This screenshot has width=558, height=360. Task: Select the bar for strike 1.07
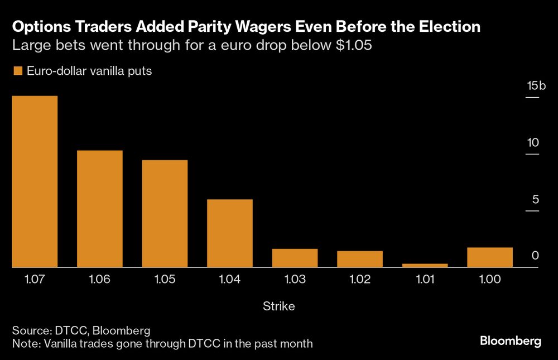35,182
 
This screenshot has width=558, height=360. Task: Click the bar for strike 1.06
100,209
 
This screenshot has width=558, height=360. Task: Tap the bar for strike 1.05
165,214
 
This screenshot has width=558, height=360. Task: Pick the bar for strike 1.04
230,233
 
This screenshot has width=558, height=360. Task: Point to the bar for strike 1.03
295,258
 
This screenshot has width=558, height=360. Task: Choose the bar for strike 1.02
360,259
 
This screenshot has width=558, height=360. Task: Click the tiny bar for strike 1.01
425,266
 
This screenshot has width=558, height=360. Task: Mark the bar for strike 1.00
490,257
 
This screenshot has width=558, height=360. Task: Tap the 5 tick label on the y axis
535,199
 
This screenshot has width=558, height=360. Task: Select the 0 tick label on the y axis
535,256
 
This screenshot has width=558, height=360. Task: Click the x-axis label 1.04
230,280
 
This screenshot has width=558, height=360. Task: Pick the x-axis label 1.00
490,280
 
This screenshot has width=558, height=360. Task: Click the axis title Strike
278,306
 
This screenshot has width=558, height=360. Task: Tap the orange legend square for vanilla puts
17,71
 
